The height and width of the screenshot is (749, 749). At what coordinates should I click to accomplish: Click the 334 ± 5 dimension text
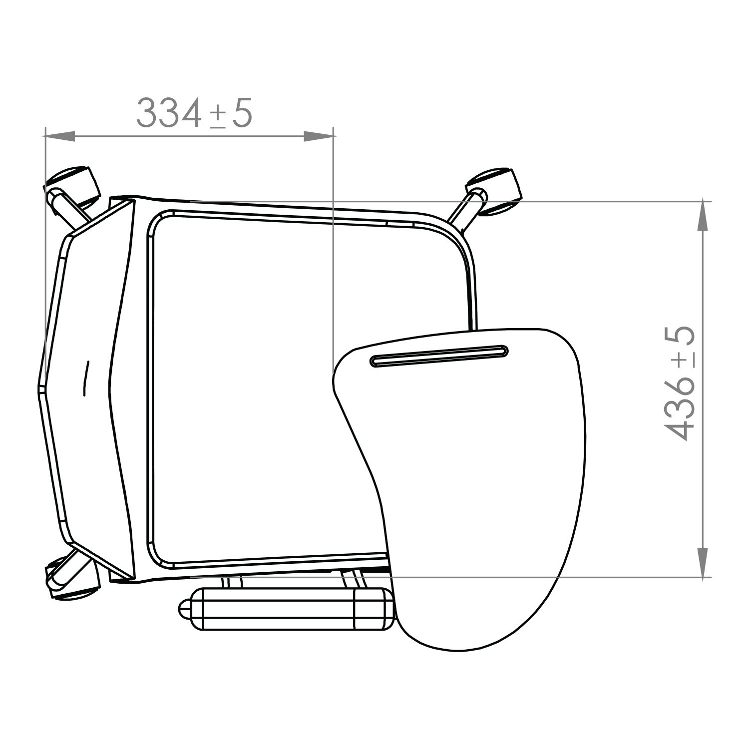click(x=194, y=113)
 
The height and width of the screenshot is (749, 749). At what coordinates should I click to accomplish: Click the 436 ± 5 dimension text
click(x=680, y=383)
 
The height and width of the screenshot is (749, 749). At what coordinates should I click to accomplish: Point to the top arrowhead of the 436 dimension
click(x=703, y=216)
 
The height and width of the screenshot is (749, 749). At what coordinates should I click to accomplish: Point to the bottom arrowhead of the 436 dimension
click(x=703, y=562)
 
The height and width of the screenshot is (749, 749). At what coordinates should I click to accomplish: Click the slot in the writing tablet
click(x=439, y=356)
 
